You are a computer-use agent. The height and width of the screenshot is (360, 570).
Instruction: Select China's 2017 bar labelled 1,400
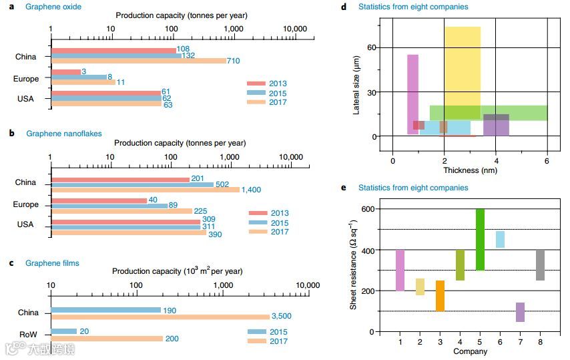145,190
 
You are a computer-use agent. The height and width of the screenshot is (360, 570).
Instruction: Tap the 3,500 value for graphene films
281,316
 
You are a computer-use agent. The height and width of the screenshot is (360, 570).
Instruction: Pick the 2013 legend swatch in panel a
257,84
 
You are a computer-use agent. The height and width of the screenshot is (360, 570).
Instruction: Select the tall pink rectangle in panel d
412,94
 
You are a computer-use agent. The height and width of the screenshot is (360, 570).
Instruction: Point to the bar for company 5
480,239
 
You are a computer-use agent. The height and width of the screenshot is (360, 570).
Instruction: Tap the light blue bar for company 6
500,239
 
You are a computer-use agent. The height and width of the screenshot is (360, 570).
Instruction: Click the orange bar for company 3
440,295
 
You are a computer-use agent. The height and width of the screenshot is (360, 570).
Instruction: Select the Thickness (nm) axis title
471,170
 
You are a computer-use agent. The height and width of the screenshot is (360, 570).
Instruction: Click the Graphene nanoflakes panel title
64,134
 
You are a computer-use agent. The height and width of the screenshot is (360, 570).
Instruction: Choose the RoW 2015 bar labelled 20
63,331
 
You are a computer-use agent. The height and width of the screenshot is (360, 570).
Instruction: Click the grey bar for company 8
541,265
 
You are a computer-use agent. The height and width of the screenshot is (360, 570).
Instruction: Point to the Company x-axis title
469,351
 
